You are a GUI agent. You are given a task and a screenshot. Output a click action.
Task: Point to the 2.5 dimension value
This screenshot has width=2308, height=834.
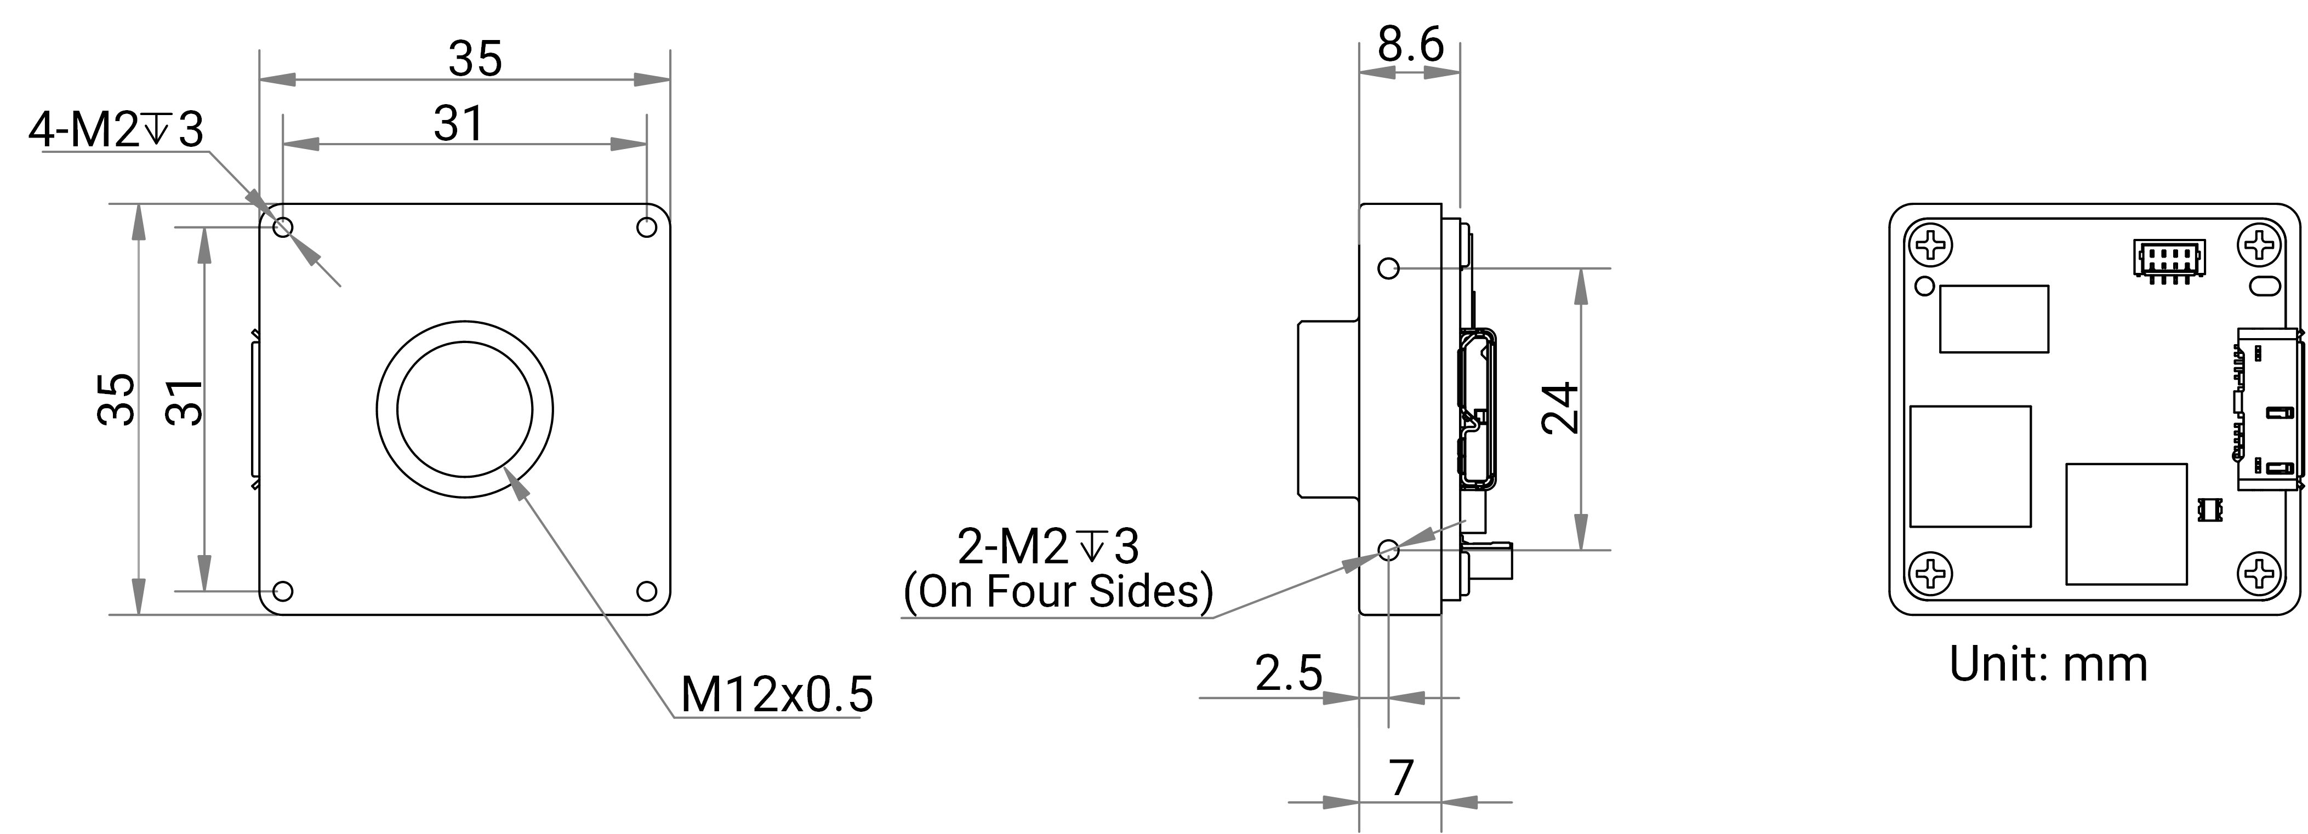(1289, 673)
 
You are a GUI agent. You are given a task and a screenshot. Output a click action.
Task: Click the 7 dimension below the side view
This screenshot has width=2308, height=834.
(1401, 778)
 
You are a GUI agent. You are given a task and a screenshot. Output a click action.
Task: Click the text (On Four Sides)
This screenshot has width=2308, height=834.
(1058, 591)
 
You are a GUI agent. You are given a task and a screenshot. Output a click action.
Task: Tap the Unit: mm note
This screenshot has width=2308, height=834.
(2048, 664)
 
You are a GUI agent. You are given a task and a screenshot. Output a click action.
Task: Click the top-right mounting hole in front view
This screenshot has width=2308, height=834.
(646, 227)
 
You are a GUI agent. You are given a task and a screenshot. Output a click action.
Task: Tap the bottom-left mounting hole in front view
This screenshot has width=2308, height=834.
(282, 591)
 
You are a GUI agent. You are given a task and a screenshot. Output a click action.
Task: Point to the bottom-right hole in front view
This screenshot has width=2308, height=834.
(646, 591)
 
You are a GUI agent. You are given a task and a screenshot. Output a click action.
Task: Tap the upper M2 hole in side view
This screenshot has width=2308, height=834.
(1388, 268)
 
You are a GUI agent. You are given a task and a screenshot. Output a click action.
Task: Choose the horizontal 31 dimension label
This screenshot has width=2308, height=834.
(459, 124)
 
